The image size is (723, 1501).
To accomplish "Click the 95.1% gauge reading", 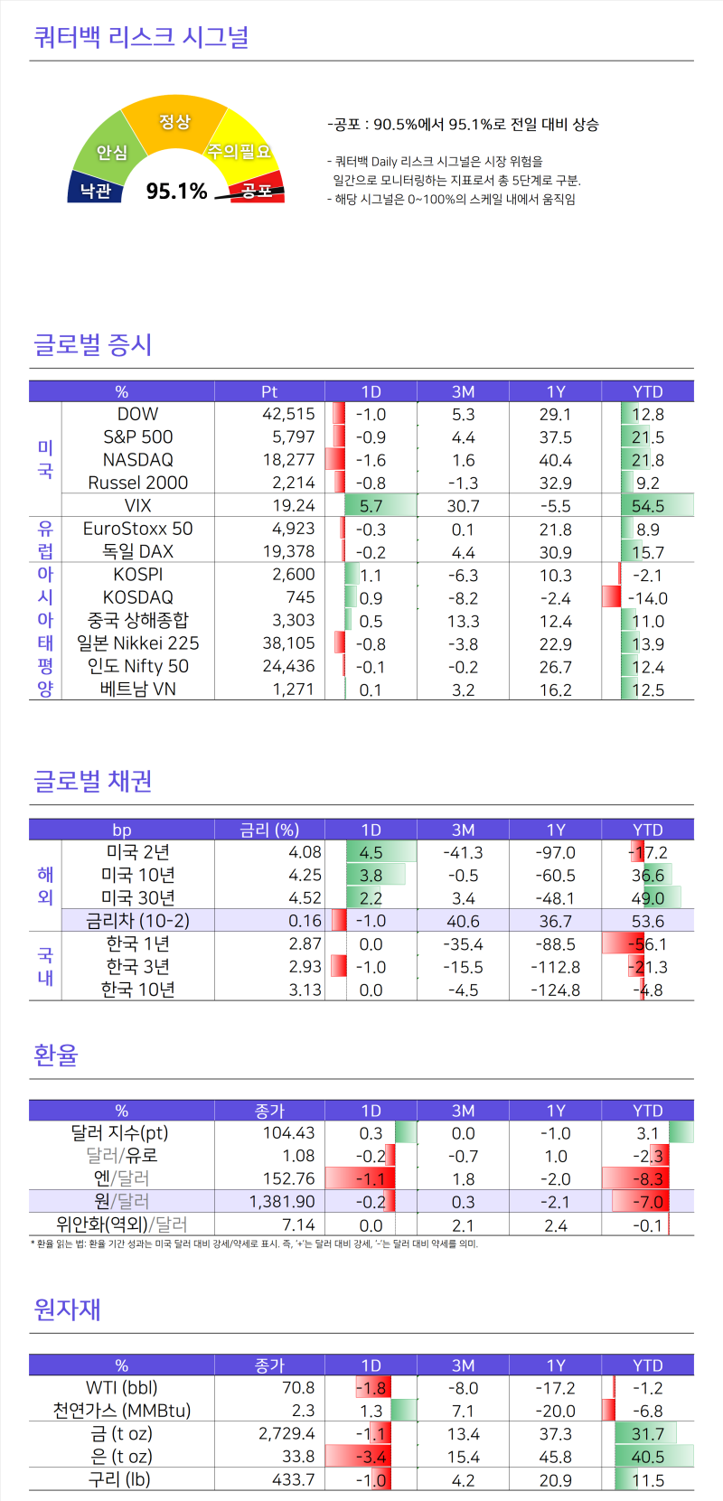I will pyautogui.click(x=177, y=191).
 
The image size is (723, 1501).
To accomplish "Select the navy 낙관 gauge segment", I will pyautogui.click(x=94, y=190).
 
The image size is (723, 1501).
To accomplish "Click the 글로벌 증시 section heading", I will pyautogui.click(x=92, y=344).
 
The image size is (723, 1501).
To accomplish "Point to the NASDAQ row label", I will pyautogui.click(x=137, y=460).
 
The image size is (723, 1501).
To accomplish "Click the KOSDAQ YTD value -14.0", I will pyautogui.click(x=648, y=598).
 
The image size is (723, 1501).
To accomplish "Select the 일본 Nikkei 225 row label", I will pyautogui.click(x=137, y=643).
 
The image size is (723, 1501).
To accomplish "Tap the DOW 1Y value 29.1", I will pyautogui.click(x=555, y=415).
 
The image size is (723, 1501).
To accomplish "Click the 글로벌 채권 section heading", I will pyautogui.click(x=92, y=781).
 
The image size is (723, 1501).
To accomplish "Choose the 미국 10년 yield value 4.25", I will pyautogui.click(x=305, y=876).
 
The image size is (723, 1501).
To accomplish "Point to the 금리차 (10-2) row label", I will pyautogui.click(x=137, y=921).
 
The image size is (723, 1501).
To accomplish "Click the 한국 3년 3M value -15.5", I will pyautogui.click(x=463, y=967).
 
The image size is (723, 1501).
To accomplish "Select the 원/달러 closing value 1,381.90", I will pyautogui.click(x=282, y=1202).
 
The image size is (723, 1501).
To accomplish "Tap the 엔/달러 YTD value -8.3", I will pyautogui.click(x=648, y=1179).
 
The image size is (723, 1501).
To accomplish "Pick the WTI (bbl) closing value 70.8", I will pyautogui.click(x=298, y=1388).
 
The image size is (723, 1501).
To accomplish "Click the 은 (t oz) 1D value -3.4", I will pyautogui.click(x=371, y=1457).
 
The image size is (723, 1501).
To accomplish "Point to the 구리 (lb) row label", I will pyautogui.click(x=118, y=1479).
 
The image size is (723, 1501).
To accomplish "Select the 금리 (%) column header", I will pyautogui.click(x=269, y=830).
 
